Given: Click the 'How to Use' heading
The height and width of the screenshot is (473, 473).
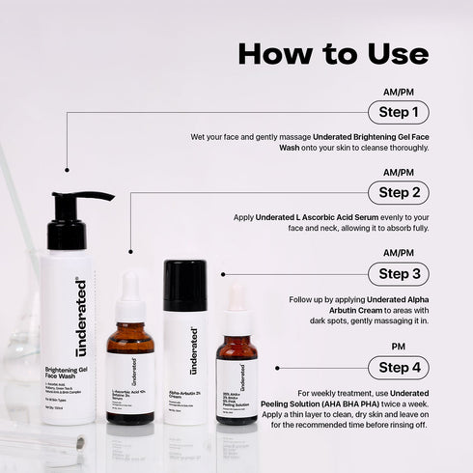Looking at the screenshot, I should [347, 52].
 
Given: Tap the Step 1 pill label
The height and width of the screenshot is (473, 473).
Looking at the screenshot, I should [399, 113].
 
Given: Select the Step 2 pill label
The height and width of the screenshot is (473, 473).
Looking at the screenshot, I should [399, 193].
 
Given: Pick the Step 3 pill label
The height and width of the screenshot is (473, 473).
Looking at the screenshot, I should [399, 274].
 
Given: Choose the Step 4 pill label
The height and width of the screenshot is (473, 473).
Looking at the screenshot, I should [399, 368].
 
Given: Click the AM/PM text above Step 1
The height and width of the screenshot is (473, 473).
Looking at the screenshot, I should [399, 92].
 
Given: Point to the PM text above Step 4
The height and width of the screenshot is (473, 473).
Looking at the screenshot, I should [399, 347].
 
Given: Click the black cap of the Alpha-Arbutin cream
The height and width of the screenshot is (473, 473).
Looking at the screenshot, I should [184, 286].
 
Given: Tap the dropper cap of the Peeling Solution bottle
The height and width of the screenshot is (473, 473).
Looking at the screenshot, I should [236, 312].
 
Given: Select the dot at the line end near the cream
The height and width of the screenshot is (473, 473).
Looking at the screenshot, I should [222, 274].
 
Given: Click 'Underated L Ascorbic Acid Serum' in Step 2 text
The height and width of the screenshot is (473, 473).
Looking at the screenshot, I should [311, 219].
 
